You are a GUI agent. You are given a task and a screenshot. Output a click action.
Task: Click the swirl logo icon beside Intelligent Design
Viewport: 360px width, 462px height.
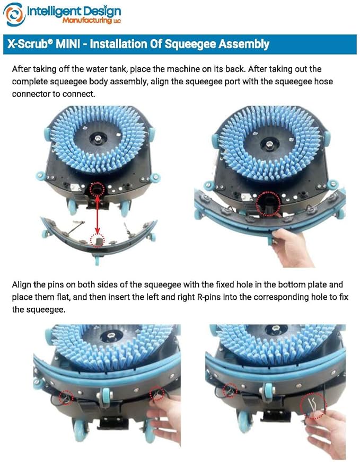pos(14,14)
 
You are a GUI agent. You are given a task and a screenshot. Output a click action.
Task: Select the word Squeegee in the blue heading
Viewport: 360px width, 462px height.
pos(191,44)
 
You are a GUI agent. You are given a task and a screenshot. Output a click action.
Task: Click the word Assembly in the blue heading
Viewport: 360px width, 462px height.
pos(244,44)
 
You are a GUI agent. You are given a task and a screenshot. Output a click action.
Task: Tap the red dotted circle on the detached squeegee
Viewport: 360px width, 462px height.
pos(98,241)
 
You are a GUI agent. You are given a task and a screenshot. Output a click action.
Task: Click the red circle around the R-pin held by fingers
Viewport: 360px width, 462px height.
pos(313,406)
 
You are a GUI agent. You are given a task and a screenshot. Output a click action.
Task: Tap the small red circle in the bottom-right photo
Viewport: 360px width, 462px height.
pos(230,390)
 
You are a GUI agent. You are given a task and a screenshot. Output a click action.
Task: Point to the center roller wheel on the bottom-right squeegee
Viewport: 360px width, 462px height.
pos(268,392)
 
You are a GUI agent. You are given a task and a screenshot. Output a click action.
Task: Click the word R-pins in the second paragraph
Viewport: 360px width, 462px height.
pos(208,297)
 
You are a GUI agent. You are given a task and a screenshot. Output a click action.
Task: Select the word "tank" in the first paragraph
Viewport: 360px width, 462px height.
pos(117,69)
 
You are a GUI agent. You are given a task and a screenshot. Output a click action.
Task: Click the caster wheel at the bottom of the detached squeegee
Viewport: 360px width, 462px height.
pos(97,260)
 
